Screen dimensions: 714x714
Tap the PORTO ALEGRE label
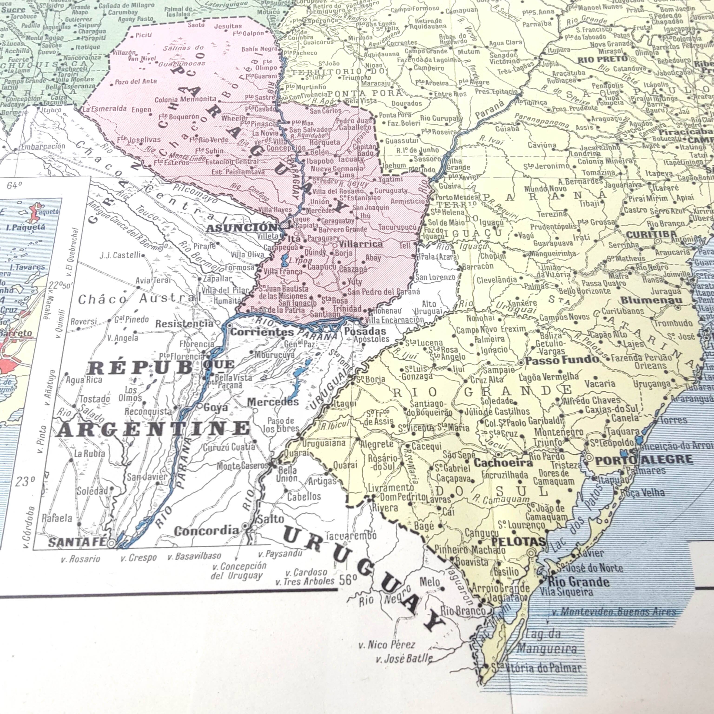644,460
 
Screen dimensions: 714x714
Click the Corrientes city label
262,332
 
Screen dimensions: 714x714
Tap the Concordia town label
206,531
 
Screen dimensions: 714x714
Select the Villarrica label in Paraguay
360,244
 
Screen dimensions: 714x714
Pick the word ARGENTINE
153,429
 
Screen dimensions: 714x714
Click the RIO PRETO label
602,59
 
